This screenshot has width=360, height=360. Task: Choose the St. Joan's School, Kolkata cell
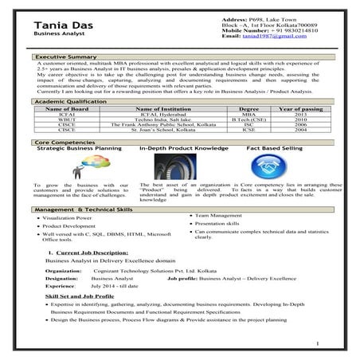coord(166,131)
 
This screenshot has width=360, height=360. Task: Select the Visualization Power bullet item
coord(74,217)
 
